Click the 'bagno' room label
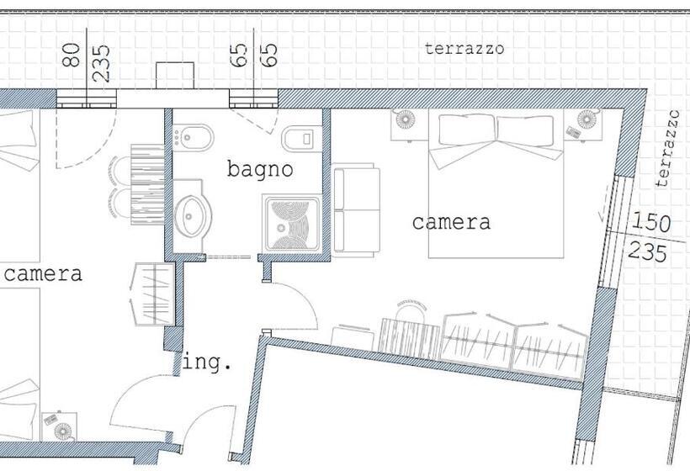click(260, 170)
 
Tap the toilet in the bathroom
click(301, 139)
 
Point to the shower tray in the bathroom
click(291, 224)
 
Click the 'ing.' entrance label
click(207, 363)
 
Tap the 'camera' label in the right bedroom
click(451, 223)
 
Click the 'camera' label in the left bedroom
click(43, 274)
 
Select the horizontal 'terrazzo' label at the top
click(464, 49)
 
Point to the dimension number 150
click(650, 223)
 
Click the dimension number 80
click(72, 55)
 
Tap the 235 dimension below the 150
click(647, 252)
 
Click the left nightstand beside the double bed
click(410, 124)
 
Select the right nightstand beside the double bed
click(582, 124)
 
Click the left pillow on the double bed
click(468, 130)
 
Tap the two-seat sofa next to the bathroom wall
click(357, 210)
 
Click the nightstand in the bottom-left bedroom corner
click(60, 426)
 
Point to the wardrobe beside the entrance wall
click(154, 294)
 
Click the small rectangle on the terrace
click(175, 76)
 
